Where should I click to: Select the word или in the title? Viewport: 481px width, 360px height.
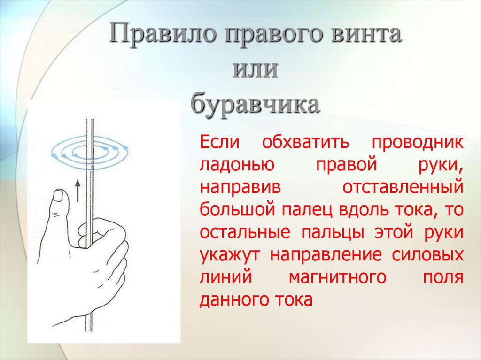(255, 69)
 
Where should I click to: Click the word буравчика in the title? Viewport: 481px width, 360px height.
(255, 104)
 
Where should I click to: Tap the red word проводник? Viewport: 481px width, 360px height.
(418, 143)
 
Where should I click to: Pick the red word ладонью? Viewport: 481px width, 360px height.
(237, 165)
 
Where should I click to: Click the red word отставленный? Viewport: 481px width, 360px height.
(403, 187)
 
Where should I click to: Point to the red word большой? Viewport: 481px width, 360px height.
(237, 210)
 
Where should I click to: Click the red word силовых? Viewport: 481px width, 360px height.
(427, 254)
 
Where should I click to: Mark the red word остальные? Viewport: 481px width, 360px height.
(245, 232)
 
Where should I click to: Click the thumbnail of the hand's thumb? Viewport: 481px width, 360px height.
(58, 196)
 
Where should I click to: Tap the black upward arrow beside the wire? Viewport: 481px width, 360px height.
(78, 191)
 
